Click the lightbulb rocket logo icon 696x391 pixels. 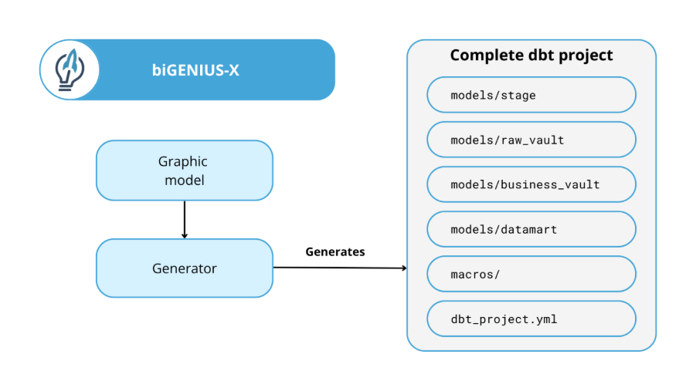point(70,69)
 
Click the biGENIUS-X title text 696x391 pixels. point(195,70)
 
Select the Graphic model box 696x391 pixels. point(185,170)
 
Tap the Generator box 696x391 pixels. point(185,268)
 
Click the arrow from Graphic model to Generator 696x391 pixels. point(185,220)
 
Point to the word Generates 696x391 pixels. point(335,252)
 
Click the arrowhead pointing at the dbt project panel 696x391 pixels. point(404,268)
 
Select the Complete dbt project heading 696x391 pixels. point(531,55)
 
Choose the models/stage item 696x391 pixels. point(531,95)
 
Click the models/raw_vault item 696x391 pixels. point(531,140)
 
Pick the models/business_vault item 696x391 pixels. point(531,184)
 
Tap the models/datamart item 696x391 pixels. point(531,229)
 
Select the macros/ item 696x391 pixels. point(531,274)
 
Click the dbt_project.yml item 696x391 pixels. point(531,319)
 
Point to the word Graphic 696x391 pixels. point(183,162)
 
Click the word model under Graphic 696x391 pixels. point(185,180)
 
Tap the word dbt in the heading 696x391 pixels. point(541,55)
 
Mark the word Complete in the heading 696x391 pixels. point(487,56)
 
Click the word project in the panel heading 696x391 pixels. point(586,56)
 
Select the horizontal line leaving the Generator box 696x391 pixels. point(340,268)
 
